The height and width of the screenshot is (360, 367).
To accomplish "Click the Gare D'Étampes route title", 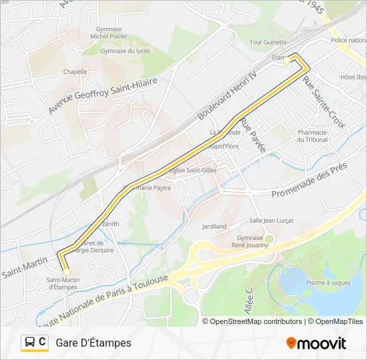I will click(x=93, y=343).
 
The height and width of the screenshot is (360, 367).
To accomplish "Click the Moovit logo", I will click(x=316, y=343).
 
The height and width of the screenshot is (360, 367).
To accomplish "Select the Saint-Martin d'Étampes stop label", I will click(x=62, y=283).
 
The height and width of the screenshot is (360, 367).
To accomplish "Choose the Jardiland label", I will click(x=214, y=227).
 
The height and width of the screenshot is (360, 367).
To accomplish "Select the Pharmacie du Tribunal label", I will click(x=312, y=136).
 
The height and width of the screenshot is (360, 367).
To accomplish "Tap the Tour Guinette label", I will click(x=264, y=42).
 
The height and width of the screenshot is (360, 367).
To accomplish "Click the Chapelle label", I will click(x=75, y=71).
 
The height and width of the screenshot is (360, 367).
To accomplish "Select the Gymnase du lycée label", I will click(x=125, y=51).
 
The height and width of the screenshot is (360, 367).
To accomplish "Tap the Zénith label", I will click(x=111, y=224).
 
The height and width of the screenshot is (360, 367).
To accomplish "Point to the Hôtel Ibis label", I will click(x=353, y=77).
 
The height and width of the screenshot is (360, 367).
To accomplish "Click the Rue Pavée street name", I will click(x=253, y=134).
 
